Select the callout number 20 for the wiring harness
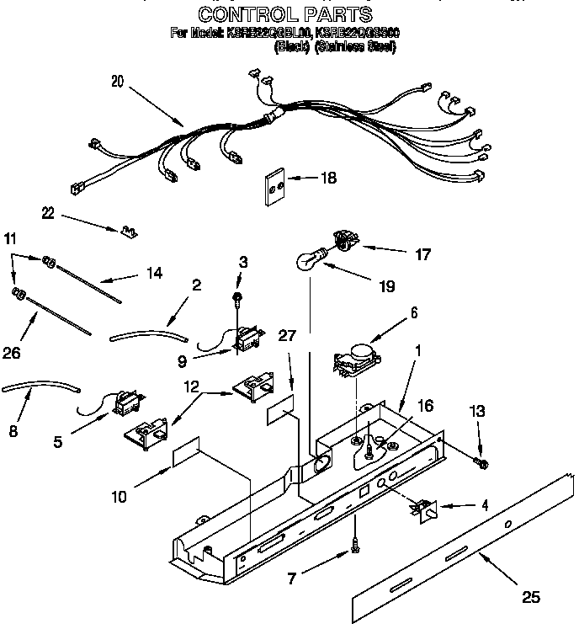pos(117,82)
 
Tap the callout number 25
pos(529,599)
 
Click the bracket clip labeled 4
pos(423,509)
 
